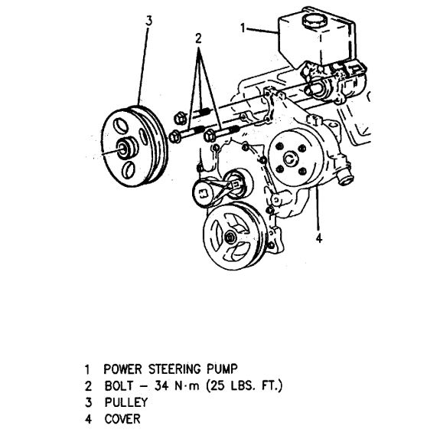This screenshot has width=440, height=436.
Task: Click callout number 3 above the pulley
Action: [x=148, y=21]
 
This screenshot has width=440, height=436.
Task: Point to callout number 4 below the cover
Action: [x=318, y=238]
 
